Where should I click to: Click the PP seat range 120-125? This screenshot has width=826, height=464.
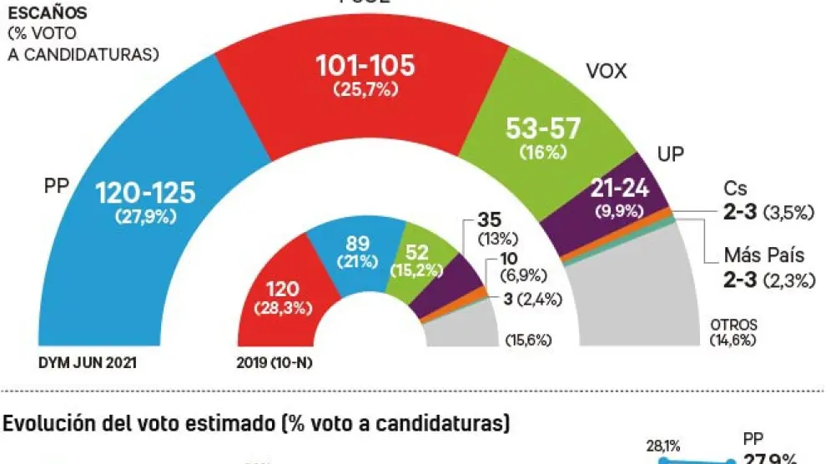pos(146,193)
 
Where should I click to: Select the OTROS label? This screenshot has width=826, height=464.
pos(733,324)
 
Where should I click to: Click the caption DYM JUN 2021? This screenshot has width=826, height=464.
pos(87,364)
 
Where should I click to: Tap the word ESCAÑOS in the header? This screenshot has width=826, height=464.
pos(39,14)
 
